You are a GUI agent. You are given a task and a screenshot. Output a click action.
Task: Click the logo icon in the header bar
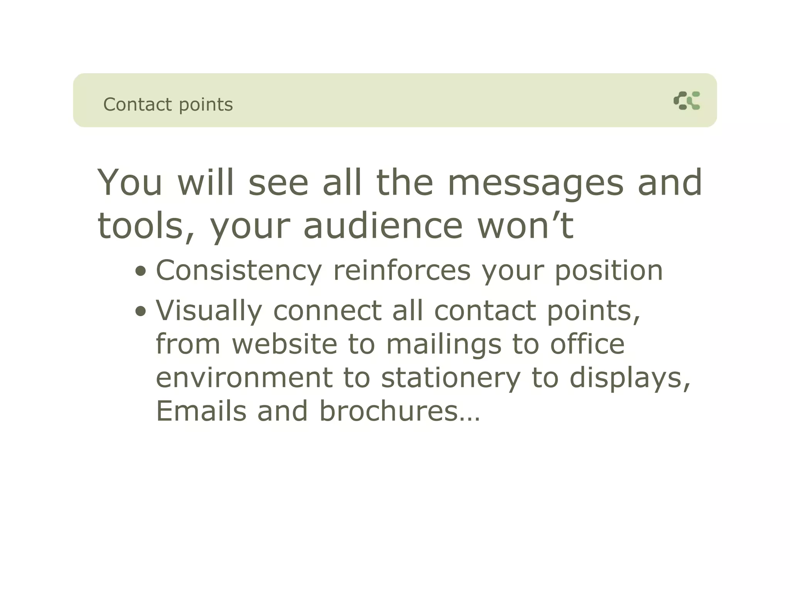click(687, 101)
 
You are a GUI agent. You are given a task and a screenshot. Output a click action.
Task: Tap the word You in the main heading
click(130, 183)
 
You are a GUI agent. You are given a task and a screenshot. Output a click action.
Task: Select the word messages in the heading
click(535, 184)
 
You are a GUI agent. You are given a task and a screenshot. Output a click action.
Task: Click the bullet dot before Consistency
click(141, 271)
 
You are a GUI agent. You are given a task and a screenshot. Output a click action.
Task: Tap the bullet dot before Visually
click(141, 311)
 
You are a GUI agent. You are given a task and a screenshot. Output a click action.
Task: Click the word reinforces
click(402, 271)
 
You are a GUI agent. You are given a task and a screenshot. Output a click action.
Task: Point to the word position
click(609, 271)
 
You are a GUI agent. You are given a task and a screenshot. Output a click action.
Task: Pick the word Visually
click(209, 311)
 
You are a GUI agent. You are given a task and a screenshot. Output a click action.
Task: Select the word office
click(587, 344)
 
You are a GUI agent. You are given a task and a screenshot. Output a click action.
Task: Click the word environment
click(244, 377)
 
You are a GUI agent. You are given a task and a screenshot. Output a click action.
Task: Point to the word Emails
click(201, 411)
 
